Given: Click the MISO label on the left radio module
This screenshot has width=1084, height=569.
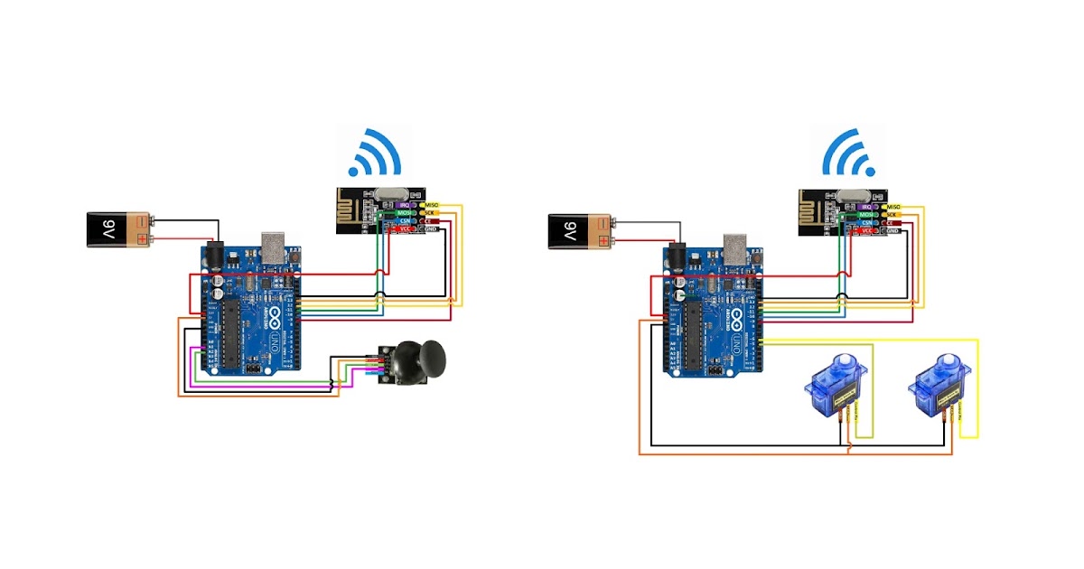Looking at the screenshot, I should coord(431,206).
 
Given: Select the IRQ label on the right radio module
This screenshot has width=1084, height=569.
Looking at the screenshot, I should coord(865,206).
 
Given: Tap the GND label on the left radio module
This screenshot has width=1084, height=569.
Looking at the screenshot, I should coord(431,230).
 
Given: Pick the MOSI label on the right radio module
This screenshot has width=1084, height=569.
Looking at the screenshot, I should coord(865,214).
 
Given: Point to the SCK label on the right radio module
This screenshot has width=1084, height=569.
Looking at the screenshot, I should coord(894,214).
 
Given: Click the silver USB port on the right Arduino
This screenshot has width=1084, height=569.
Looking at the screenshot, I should coord(737,248).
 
